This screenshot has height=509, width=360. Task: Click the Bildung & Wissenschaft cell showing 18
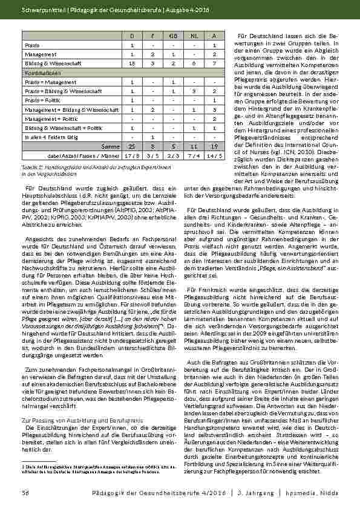(132, 62)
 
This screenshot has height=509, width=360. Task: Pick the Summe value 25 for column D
(132, 146)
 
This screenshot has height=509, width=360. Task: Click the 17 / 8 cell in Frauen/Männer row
(132, 155)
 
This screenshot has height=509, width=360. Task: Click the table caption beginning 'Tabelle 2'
(85, 167)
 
